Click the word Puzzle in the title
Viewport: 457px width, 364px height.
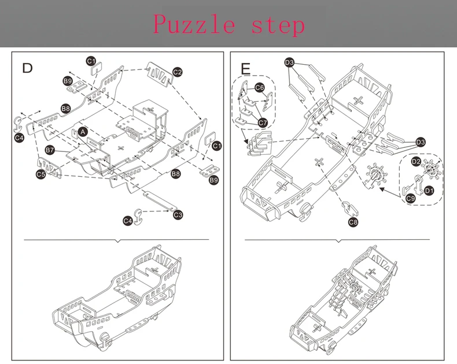click(x=194, y=24)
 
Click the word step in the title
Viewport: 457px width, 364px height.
click(x=278, y=25)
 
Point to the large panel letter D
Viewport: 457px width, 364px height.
click(x=27, y=68)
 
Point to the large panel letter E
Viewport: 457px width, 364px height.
click(x=246, y=69)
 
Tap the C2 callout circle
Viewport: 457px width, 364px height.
click(x=177, y=72)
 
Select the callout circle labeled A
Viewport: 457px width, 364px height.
click(x=83, y=132)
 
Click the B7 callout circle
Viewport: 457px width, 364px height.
click(x=50, y=150)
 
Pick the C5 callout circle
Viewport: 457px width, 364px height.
click(x=41, y=174)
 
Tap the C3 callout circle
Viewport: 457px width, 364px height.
click(x=178, y=215)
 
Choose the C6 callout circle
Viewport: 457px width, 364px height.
click(x=259, y=87)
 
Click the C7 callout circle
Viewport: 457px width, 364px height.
click(x=263, y=122)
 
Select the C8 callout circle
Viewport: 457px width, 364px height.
click(x=353, y=222)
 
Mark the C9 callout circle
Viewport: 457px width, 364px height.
click(x=410, y=199)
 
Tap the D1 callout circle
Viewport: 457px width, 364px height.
click(x=429, y=191)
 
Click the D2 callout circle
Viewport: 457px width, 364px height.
click(x=416, y=161)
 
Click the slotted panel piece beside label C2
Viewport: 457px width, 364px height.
click(x=159, y=75)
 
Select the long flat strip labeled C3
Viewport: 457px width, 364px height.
click(x=160, y=200)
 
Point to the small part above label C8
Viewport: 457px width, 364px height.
click(x=349, y=209)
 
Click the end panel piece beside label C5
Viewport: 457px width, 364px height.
click(x=49, y=168)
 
